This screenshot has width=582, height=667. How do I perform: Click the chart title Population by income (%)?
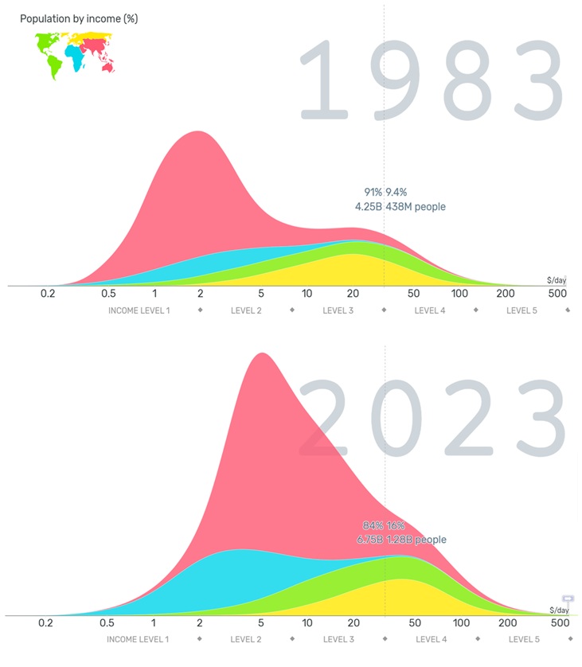click(79, 19)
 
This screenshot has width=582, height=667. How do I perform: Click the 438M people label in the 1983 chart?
click(416, 207)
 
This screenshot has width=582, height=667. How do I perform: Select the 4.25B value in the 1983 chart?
click(368, 207)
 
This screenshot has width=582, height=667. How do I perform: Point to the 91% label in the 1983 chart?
click(373, 193)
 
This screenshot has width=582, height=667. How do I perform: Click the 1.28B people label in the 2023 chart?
click(416, 540)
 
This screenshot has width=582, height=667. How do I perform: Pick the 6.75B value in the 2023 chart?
click(369, 540)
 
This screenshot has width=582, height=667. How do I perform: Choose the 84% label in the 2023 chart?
click(373, 526)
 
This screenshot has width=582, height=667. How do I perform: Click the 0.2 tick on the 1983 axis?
click(48, 293)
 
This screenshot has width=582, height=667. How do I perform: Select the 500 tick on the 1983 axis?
click(557, 293)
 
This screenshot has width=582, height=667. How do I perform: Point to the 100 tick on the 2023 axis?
click(462, 622)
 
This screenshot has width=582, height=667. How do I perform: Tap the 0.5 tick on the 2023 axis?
click(107, 622)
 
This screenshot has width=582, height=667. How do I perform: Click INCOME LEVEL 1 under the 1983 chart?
click(139, 310)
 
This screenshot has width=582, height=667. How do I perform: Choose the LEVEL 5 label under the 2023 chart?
click(524, 639)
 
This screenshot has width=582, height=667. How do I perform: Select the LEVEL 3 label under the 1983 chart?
click(338, 310)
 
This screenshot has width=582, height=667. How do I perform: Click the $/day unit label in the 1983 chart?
click(556, 280)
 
